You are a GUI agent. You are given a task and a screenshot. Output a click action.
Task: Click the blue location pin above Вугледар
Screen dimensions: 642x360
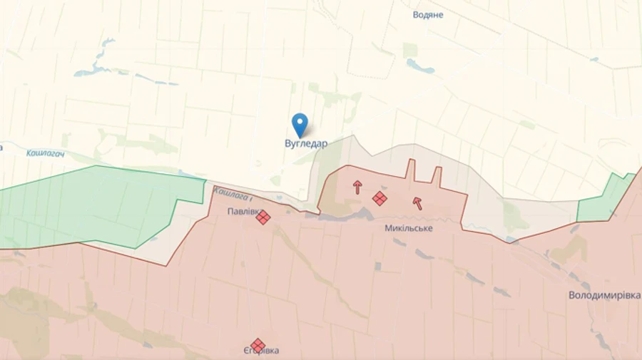pyautogui.click(x=300, y=124)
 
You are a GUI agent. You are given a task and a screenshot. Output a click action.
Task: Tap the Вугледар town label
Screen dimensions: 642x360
pyautogui.click(x=306, y=143)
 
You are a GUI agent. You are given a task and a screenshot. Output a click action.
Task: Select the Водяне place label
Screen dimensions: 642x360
pyautogui.click(x=428, y=14)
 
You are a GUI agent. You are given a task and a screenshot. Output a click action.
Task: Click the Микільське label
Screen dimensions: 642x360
pyautogui.click(x=408, y=228)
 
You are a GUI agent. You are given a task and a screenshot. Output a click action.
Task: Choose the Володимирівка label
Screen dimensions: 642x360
pyautogui.click(x=604, y=295)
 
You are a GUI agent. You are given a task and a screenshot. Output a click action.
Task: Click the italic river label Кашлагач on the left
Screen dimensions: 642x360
pyautogui.click(x=46, y=153)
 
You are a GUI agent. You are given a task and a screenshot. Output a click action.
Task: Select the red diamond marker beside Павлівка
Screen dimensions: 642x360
pyautogui.click(x=263, y=217)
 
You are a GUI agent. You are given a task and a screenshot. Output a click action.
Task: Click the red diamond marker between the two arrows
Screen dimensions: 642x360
pyautogui.click(x=380, y=198)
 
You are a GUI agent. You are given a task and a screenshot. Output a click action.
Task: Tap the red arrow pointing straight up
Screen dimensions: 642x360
pyautogui.click(x=357, y=187)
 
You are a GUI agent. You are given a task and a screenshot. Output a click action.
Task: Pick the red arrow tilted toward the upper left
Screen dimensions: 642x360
pyautogui.click(x=417, y=203)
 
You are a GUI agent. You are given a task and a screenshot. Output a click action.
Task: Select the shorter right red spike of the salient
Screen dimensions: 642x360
pyautogui.click(x=436, y=176)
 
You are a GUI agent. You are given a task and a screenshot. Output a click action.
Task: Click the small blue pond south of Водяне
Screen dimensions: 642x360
pyautogui.click(x=421, y=66)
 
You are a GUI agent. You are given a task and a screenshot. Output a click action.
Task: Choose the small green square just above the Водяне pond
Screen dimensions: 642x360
pyautogui.click(x=409, y=50)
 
